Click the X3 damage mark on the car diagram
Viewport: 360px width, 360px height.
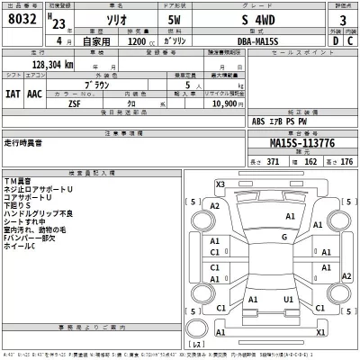[x=219, y=183]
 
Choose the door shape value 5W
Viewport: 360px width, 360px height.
[x=175, y=19]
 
